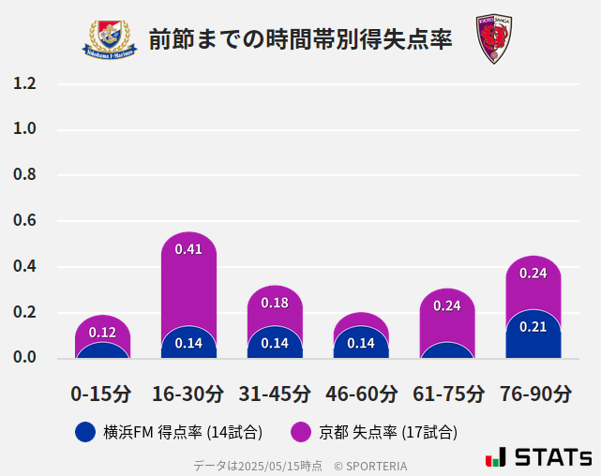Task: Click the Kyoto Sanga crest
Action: click(492, 39)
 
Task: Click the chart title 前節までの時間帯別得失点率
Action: click(300, 39)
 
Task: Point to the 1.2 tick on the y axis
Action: click(24, 83)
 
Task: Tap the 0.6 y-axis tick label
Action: click(24, 221)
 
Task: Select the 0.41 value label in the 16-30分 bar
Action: click(188, 249)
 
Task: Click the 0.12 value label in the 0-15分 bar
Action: click(102, 333)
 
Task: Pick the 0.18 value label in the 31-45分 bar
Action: click(275, 303)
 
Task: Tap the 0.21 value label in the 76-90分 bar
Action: click(533, 327)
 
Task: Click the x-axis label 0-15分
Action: click(102, 394)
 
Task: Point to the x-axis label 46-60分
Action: click(361, 394)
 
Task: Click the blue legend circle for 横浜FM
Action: click(84, 432)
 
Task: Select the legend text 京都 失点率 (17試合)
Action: click(388, 432)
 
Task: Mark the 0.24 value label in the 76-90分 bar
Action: click(533, 274)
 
